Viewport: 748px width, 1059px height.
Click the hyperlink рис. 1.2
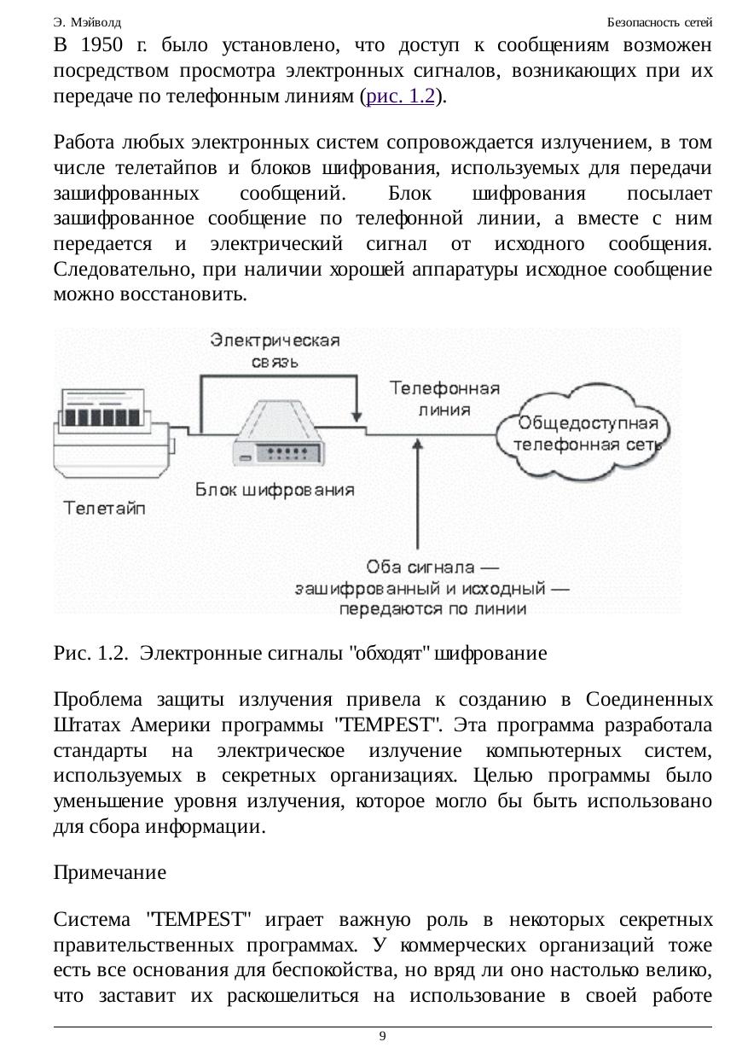point(399,97)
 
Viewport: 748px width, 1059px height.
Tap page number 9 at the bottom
point(382,1036)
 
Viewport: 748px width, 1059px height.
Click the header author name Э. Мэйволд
point(87,21)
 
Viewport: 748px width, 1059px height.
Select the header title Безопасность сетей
point(659,21)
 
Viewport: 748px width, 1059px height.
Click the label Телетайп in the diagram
point(105,509)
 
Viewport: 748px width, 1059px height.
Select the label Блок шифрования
point(275,490)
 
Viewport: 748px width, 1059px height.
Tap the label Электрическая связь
point(275,350)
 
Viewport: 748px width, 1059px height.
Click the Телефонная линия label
point(444,399)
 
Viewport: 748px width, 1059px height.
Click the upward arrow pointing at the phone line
point(417,495)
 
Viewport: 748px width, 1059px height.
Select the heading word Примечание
point(109,873)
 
